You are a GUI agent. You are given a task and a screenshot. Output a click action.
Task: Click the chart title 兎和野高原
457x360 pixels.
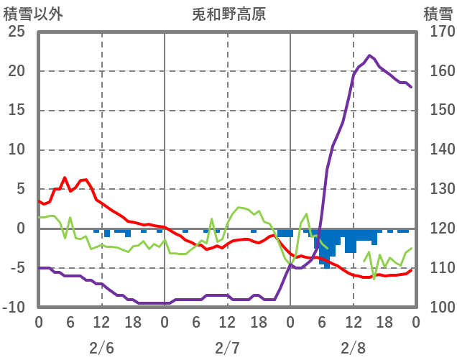coord(229,14)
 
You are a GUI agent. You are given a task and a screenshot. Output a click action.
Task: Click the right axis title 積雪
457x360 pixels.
coord(437,14)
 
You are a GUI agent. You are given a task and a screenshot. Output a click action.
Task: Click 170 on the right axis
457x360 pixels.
coord(437,32)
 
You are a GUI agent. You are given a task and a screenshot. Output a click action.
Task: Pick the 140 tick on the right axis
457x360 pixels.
coord(437,150)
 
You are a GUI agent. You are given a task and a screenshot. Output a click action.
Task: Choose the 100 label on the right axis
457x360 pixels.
coord(437,308)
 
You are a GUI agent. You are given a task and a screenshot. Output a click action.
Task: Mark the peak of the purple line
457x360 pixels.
coord(369,55)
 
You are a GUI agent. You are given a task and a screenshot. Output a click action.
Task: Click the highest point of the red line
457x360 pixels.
coord(65,177)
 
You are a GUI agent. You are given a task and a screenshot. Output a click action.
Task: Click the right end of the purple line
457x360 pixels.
coord(411,87)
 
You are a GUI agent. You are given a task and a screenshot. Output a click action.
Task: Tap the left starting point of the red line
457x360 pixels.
coord(39,201)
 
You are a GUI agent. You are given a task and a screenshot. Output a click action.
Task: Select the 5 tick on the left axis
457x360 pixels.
coord(20,190)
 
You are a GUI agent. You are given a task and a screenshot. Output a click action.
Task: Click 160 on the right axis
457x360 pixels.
coord(437,71)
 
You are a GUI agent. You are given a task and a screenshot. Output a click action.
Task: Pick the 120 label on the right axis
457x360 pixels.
coord(437,229)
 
